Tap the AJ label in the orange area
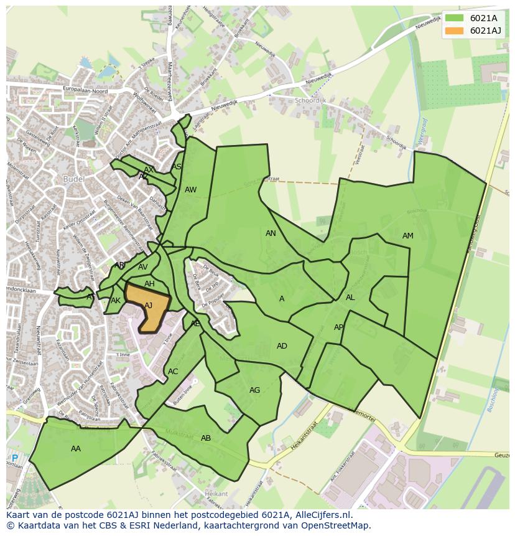click(148, 306)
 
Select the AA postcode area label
click(76, 448)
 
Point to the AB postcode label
click(206, 438)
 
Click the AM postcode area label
click(407, 236)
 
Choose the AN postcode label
click(271, 233)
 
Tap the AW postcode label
click(190, 190)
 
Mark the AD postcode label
click(282, 346)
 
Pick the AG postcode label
click(254, 390)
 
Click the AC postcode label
click(173, 372)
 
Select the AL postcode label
click(350, 298)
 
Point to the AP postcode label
click(338, 327)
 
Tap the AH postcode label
click(149, 284)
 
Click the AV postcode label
click(143, 267)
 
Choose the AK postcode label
click(116, 301)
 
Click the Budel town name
click(73, 179)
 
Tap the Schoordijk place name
click(311, 100)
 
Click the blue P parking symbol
click(15, 459)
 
